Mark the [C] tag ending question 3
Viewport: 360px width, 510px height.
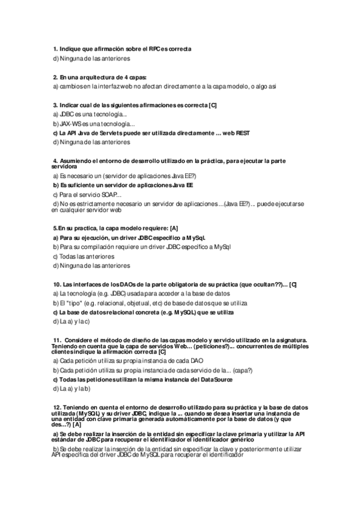(x=212, y=105)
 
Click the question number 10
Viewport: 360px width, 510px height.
(x=57, y=284)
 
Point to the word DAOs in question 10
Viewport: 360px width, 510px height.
(x=128, y=284)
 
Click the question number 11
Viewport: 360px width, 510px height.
(x=58, y=339)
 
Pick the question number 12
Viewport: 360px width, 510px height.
(x=58, y=407)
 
